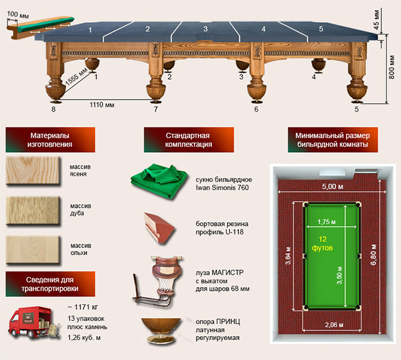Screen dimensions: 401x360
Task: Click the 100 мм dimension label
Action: point(18,14)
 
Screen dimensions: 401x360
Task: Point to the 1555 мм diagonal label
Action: point(77,77)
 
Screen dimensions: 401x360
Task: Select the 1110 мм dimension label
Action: point(102,105)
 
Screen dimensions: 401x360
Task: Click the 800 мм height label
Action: point(392,67)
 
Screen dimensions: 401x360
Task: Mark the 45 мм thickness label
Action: point(376,20)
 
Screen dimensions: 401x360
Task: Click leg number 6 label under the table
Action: point(256,109)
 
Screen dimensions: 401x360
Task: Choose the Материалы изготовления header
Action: point(50,140)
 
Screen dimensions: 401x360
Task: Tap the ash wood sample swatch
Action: point(33,171)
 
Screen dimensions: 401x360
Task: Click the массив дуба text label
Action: point(80,210)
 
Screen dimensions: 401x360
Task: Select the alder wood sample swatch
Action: point(33,250)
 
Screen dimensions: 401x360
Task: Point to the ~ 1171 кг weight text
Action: point(83,307)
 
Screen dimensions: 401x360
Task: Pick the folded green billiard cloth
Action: point(159,181)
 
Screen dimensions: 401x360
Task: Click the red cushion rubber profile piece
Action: point(159,228)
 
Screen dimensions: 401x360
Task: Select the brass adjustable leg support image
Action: point(161,330)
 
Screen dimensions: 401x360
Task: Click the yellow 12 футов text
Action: point(323,244)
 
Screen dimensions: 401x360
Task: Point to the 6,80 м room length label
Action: point(373,254)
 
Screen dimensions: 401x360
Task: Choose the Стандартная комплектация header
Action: point(188,140)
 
